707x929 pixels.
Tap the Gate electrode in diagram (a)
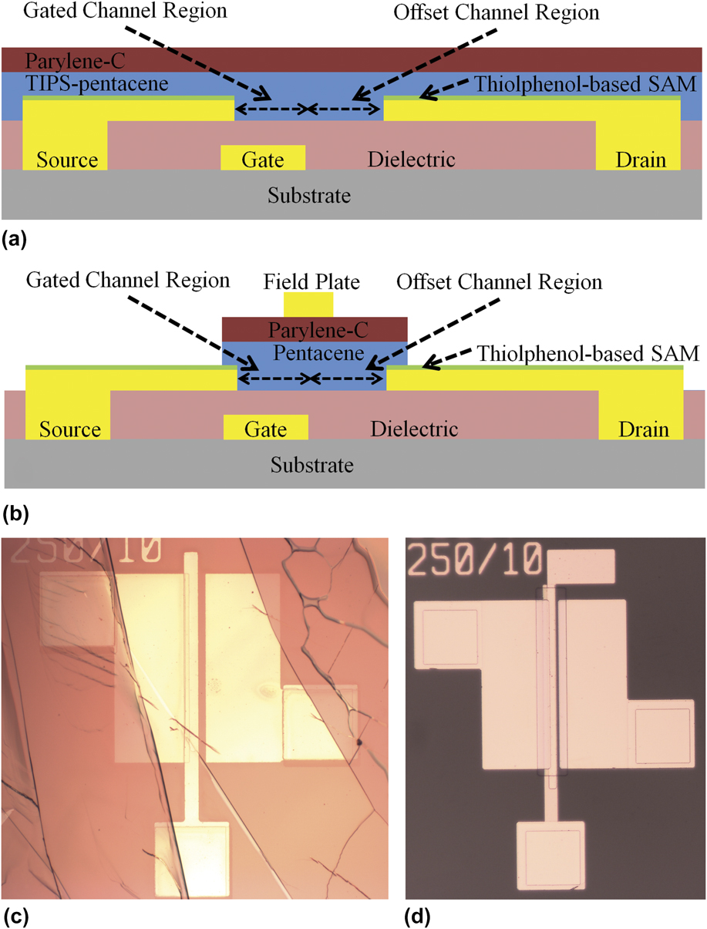(263, 158)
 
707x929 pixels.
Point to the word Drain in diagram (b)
(641, 429)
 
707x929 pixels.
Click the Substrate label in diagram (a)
(309, 195)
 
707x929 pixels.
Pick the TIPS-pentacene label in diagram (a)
(86, 83)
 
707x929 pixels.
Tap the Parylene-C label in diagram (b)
(315, 331)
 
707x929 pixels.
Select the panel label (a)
(15, 240)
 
